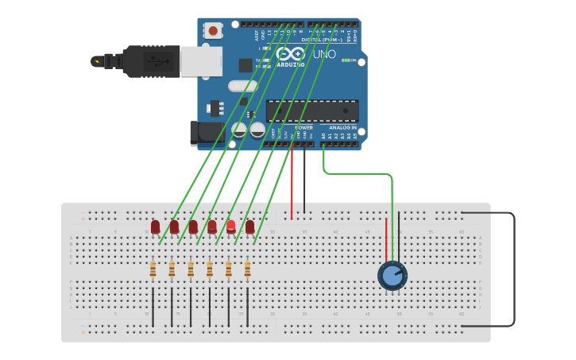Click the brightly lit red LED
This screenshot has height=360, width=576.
click(x=231, y=226)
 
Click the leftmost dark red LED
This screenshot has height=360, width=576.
click(x=155, y=227)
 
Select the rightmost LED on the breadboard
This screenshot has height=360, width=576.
click(x=249, y=227)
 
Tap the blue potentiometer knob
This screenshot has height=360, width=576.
click(x=392, y=276)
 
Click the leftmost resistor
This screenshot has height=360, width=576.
click(x=153, y=270)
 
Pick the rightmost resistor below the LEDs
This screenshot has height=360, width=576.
click(x=247, y=270)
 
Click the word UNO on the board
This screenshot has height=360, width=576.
click(x=323, y=55)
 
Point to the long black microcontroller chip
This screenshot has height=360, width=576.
click(x=312, y=110)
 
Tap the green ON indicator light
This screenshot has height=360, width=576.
click(x=344, y=60)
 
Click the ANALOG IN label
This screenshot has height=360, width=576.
click(x=342, y=127)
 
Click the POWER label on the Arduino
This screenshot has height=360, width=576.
click(x=303, y=127)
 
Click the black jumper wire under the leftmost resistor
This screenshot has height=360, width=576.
click(x=153, y=306)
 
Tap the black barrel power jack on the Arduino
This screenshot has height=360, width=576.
click(x=203, y=133)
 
